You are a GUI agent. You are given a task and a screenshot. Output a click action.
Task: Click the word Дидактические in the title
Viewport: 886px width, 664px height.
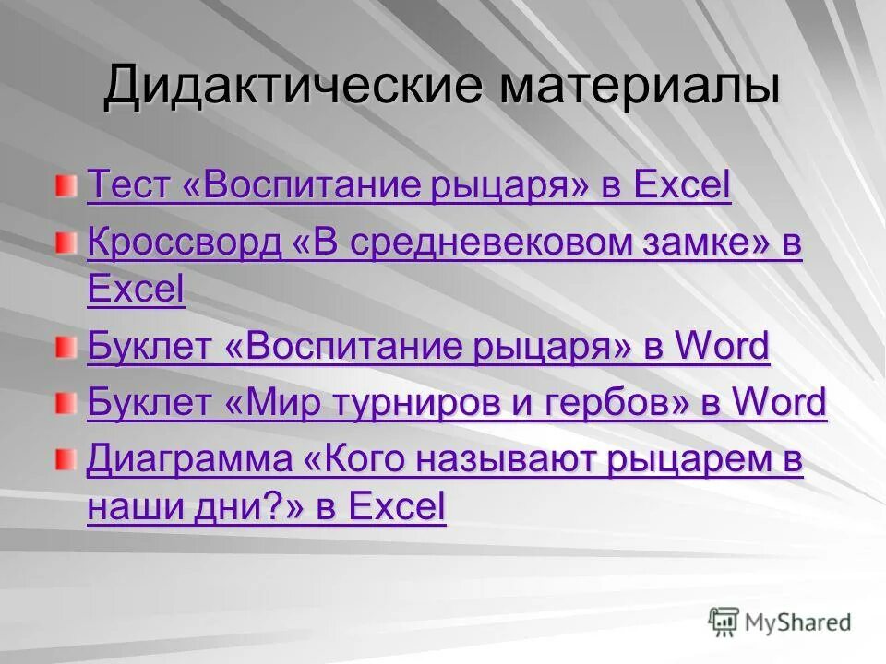pos(291,88)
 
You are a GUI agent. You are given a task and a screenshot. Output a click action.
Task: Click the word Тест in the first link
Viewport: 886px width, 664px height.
pos(129,185)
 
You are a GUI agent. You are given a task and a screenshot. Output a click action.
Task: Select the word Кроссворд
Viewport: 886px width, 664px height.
pos(184,243)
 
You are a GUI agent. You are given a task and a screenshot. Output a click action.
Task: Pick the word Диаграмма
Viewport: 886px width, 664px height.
pos(189,461)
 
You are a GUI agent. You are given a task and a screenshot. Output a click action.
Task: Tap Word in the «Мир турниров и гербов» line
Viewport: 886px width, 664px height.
pos(780,403)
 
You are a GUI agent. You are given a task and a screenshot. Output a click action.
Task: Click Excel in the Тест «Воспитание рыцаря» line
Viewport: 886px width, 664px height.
pos(682,185)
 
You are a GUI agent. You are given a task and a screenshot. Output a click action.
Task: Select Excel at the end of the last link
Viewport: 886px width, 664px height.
pos(398,506)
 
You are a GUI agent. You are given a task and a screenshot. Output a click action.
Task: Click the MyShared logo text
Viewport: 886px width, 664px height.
pos(798,622)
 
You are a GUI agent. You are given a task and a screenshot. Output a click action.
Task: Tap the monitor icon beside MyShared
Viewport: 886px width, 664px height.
pos(724,621)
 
